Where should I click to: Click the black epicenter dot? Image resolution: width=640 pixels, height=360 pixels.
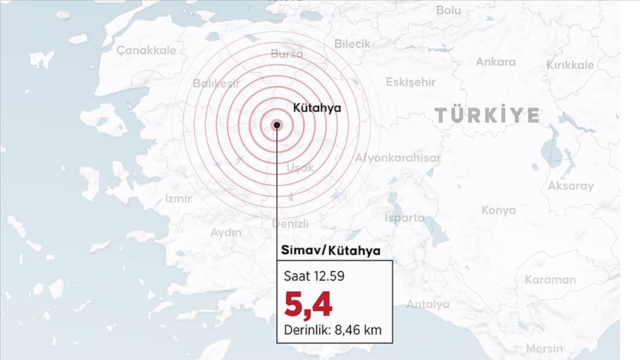[277, 125]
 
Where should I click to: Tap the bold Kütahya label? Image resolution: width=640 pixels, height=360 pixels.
[317, 107]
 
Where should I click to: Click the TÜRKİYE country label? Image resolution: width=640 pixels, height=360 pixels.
[487, 115]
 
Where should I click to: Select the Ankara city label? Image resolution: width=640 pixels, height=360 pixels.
[496, 62]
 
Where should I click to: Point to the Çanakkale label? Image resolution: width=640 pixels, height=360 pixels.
[147, 50]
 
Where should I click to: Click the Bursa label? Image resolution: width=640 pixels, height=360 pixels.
[287, 54]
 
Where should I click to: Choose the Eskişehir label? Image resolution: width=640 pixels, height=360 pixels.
[410, 81]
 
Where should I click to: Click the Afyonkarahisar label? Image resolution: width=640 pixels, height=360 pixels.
[398, 158]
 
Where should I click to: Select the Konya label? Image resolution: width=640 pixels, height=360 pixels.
[499, 210]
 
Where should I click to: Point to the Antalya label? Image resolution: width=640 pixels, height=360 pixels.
[427, 304]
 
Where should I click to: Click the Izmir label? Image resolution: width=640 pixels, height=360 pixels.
[178, 199]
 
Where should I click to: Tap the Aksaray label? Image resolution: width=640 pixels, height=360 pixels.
[570, 186]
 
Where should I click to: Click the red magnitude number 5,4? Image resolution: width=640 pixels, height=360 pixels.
[308, 304]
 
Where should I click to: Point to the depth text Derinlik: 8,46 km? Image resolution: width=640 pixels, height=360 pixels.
[333, 330]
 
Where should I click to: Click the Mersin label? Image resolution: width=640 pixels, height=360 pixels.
[544, 348]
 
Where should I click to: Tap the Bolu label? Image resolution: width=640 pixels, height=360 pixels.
[448, 10]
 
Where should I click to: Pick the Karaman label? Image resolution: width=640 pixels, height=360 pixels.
[550, 280]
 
